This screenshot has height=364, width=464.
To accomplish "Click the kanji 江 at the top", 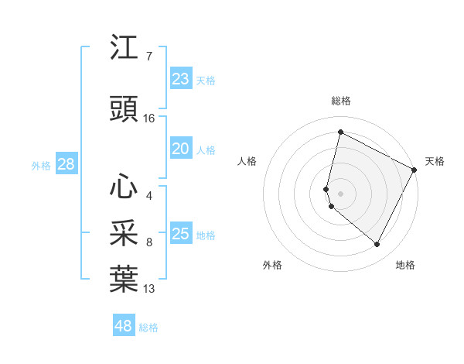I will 124,48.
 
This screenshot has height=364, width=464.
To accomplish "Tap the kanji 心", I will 124,186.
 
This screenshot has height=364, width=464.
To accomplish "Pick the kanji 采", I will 124,233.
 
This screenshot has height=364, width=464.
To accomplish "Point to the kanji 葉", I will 124,280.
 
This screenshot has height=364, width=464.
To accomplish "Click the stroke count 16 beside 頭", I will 149,118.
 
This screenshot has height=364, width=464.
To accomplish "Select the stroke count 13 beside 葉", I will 149,289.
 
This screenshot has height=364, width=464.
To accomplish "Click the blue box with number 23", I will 180,79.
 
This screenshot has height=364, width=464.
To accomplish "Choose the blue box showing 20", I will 180,149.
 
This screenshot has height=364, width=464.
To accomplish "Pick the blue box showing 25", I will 180,234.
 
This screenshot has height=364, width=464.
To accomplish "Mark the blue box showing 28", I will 66,164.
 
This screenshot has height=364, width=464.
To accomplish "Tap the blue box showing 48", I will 124,326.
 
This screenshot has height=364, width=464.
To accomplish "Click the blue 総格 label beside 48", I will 148,328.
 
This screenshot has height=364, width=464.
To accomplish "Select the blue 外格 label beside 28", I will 41,165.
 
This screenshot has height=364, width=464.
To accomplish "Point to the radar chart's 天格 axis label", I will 435,161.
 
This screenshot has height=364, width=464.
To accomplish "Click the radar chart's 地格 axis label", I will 405,265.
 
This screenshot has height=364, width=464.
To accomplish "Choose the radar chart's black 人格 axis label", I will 247,161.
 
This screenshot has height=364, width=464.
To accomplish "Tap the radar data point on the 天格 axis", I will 415,170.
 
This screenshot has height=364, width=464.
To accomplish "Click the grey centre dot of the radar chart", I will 340,193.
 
